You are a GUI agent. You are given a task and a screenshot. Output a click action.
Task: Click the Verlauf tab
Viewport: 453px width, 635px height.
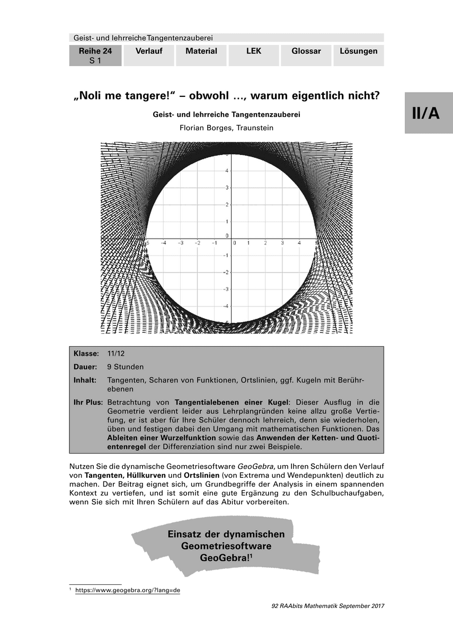tap(148, 51)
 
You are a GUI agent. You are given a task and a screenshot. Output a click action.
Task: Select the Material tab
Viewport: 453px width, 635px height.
tap(201, 51)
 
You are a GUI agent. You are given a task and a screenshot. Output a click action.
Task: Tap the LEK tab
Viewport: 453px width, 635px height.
tap(254, 51)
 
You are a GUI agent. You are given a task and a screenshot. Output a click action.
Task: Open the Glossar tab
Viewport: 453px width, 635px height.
tap(306, 51)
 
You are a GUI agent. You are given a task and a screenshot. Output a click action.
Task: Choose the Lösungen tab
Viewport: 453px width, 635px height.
tap(359, 51)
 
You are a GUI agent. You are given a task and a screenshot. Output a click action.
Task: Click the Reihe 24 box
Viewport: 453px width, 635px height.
tap(95, 56)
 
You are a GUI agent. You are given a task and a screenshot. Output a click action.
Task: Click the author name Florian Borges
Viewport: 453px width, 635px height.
tap(204, 128)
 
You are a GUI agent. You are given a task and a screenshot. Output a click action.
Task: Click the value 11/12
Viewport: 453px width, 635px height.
tap(116, 353)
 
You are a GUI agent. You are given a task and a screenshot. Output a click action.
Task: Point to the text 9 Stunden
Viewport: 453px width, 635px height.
tap(125, 367)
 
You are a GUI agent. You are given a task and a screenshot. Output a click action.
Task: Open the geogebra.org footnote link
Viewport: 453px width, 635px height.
tap(128, 590)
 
